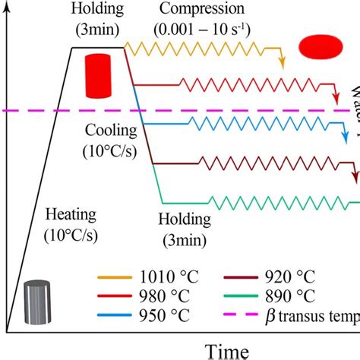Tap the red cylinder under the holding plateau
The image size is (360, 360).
click(97, 75)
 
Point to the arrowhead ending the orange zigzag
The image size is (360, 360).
click(282, 65)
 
